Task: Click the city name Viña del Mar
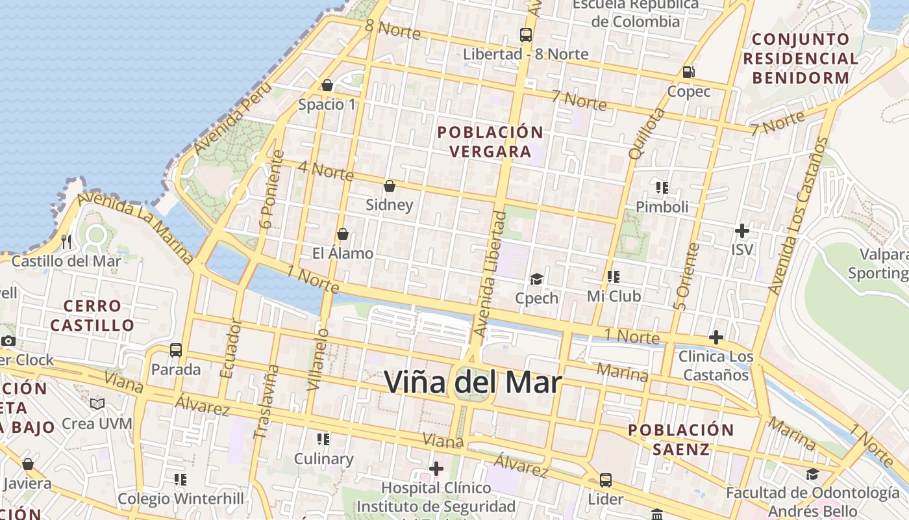(473, 382)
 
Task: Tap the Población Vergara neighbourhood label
(490, 142)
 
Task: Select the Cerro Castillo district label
(92, 315)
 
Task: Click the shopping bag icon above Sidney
(390, 187)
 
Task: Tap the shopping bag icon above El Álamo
(343, 234)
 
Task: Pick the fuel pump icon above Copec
(688, 72)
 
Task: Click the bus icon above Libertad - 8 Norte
(526, 35)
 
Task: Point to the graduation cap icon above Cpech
(536, 279)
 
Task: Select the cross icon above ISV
(742, 231)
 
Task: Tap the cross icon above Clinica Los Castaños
(716, 338)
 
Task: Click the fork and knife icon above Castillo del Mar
(66, 242)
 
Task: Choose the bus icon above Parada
(175, 350)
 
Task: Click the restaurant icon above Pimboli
(662, 188)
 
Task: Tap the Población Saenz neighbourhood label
(680, 439)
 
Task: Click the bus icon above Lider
(605, 480)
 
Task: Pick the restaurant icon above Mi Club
(614, 278)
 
